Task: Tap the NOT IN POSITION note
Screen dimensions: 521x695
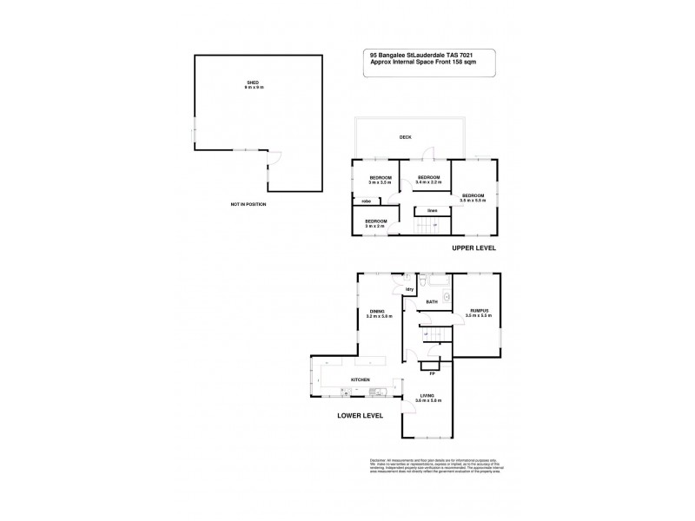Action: point(248,204)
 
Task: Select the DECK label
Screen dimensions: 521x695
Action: point(405,137)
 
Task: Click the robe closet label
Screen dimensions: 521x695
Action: point(367,201)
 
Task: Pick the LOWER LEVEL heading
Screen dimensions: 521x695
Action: point(361,416)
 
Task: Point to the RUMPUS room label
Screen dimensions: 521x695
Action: point(479,313)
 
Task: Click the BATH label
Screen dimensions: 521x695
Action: point(431,302)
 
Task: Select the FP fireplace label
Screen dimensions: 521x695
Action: point(432,373)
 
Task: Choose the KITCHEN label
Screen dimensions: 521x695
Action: point(361,380)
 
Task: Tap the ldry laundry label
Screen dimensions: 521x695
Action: point(408,288)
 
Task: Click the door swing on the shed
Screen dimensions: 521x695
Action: point(275,158)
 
